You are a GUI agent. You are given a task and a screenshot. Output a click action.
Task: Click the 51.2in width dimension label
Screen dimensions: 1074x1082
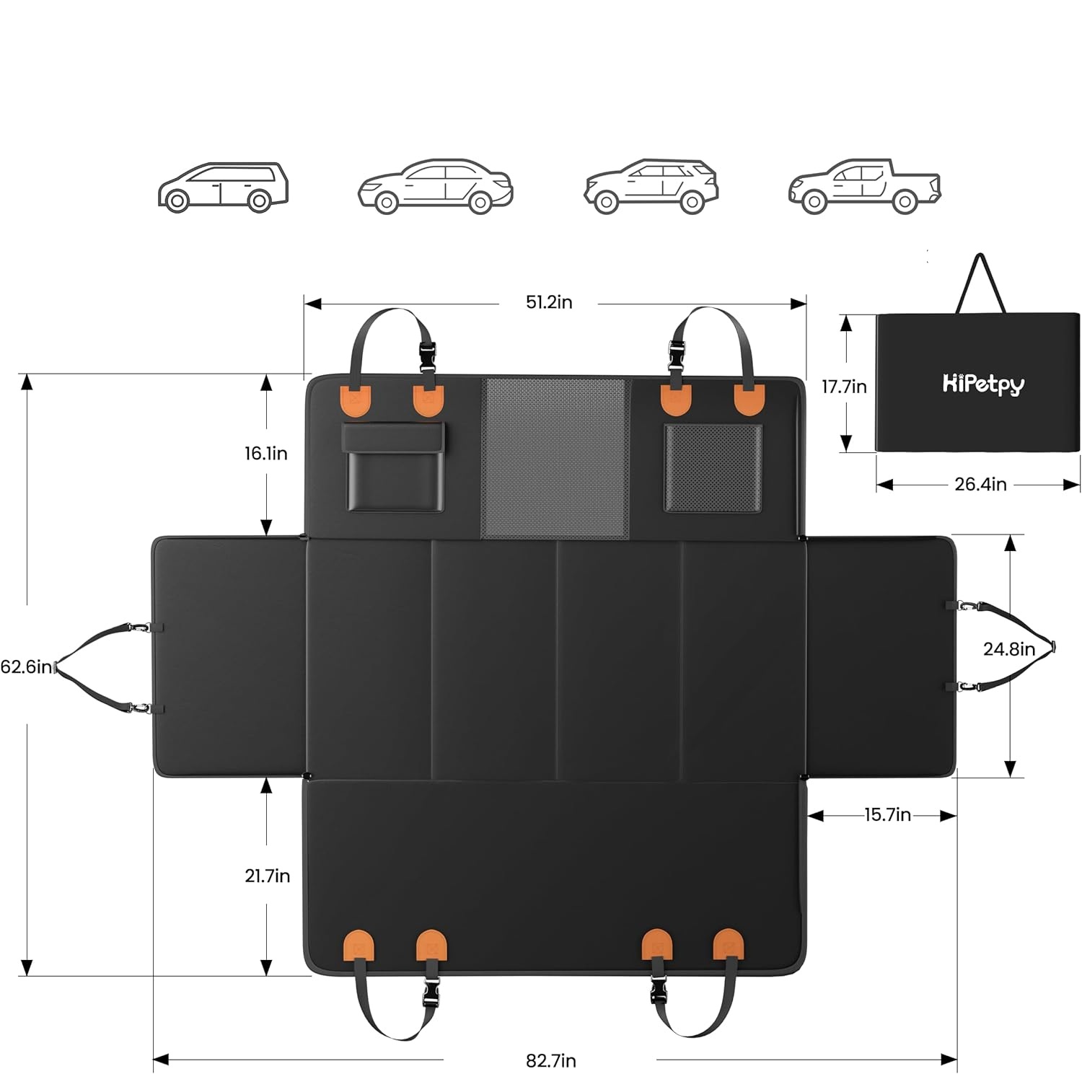pos(549,302)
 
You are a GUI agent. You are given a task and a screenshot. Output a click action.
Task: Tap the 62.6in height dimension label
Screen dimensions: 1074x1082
pos(26,666)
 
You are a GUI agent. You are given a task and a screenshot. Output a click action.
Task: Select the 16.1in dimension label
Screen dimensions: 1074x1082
pos(265,453)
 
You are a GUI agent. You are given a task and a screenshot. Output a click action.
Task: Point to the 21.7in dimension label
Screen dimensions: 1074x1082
pos(267,876)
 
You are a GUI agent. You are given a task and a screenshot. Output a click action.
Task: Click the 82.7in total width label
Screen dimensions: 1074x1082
pos(550,1060)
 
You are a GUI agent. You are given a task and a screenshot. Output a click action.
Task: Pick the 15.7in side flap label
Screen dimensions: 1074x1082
pos(887,815)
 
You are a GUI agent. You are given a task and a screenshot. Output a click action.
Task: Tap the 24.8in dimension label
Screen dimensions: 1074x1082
pos(1008,649)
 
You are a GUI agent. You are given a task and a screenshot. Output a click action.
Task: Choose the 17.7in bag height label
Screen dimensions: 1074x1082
pos(844,387)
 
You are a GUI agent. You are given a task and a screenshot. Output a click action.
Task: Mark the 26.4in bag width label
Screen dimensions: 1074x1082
pos(980,485)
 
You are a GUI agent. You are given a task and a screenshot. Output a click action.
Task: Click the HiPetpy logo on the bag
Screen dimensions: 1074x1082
pos(983,384)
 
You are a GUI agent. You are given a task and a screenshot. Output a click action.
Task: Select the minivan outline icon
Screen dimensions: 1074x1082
pos(222,187)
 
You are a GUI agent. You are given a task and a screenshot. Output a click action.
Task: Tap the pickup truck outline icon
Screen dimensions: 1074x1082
pos(864,187)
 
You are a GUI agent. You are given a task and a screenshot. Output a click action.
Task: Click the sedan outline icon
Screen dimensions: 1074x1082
pos(435,187)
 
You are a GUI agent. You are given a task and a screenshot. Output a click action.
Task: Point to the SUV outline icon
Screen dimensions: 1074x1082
pos(650,187)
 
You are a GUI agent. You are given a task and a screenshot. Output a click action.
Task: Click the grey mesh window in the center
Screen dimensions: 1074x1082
pos(555,458)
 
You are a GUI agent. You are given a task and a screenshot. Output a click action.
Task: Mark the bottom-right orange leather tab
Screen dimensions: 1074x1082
pos(727,943)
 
